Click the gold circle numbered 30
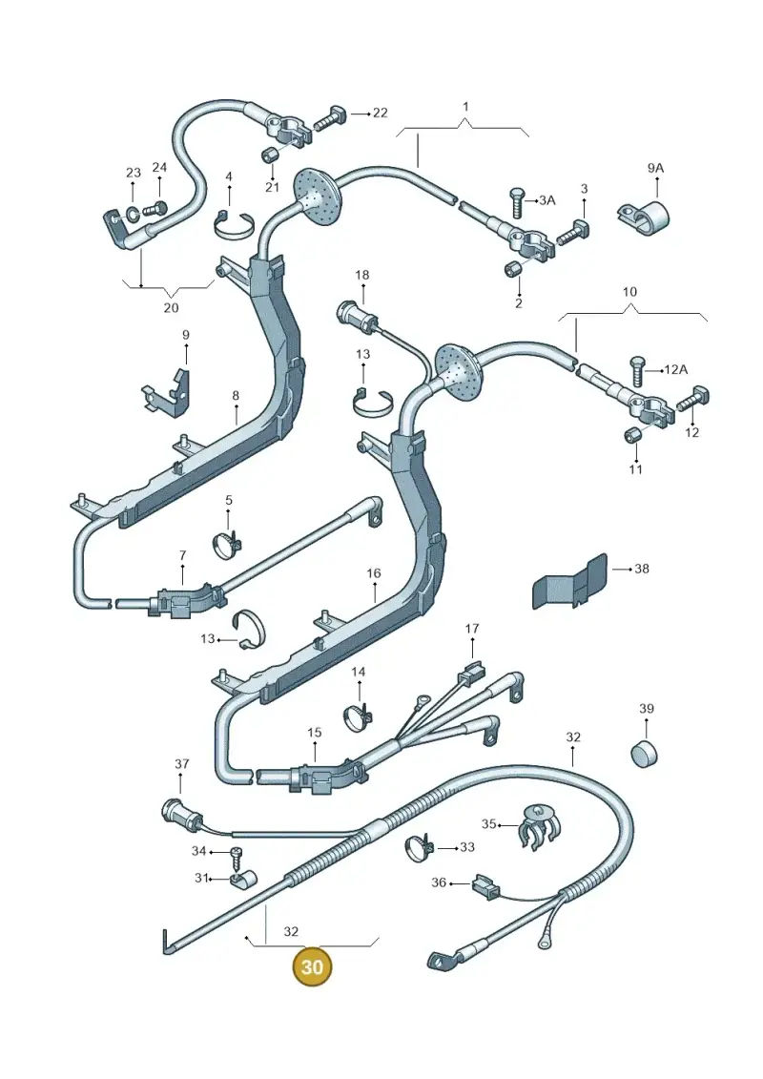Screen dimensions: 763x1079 tap(312, 966)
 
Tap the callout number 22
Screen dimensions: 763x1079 tap(380, 113)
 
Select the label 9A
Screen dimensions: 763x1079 tap(655, 168)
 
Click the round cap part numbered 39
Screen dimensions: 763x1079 tap(645, 753)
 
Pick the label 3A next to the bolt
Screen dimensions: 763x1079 tap(546, 200)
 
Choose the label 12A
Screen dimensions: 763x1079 tap(675, 369)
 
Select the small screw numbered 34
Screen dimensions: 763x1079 tap(236, 854)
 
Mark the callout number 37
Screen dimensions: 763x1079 tap(181, 764)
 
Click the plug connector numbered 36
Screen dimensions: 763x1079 tap(485, 887)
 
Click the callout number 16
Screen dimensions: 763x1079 tap(374, 573)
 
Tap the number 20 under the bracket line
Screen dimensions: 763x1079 tap(171, 307)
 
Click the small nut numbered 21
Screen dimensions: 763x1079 tap(270, 156)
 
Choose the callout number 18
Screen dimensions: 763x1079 tap(361, 276)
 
